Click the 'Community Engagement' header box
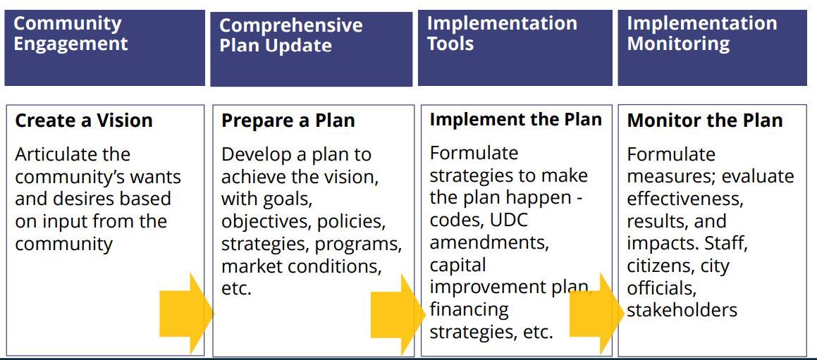coord(104,47)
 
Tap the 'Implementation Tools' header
coord(515,47)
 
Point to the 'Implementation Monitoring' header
coord(712,47)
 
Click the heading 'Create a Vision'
coord(84,120)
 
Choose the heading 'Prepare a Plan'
coord(288,120)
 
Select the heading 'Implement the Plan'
coord(515,119)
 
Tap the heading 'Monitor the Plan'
coord(704,120)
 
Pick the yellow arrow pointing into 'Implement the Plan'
coord(398,313)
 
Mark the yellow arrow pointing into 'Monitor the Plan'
coord(596,311)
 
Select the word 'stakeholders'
coord(682,310)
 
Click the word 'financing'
coord(469,309)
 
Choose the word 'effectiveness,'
coord(684,199)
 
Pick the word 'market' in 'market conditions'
coord(250,266)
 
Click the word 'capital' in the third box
coord(457,265)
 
